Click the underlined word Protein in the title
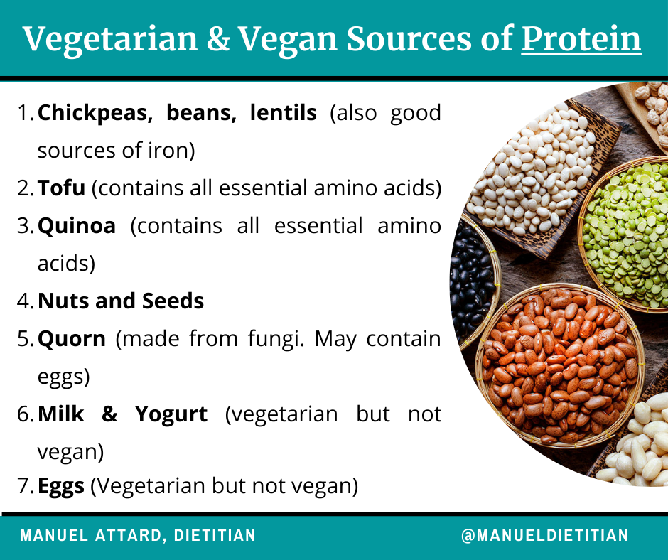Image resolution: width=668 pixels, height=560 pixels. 581,39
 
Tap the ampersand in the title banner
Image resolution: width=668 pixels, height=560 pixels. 218,39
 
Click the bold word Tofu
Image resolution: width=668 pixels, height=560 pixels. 61,188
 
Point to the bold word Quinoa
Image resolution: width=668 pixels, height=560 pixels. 77,226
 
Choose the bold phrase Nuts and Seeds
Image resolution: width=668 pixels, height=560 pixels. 121,301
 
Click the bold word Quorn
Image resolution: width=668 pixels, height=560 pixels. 72,339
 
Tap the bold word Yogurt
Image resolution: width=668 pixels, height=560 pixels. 171,415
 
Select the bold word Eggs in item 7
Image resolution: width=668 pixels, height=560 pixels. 61,486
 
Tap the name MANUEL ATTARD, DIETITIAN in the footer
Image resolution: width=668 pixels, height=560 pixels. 138,535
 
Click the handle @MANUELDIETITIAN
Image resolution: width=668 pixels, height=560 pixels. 545,535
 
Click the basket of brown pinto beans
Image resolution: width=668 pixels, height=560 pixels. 560,365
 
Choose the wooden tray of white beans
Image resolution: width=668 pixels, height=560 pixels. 541,175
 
